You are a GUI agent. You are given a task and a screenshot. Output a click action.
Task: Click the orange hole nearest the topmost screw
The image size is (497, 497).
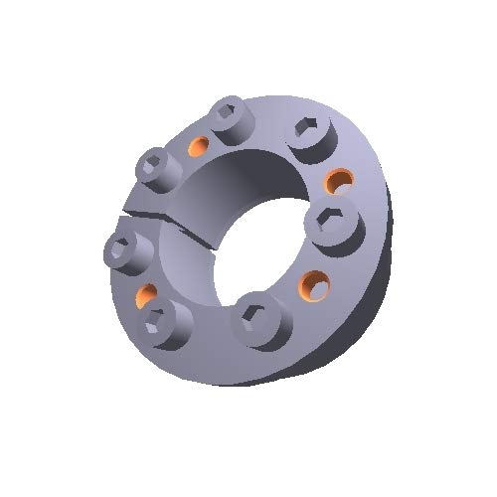tap(198, 148)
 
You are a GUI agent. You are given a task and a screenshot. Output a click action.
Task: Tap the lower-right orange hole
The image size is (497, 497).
tap(316, 285)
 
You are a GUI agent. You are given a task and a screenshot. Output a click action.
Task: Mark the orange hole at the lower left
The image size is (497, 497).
tap(145, 294)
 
